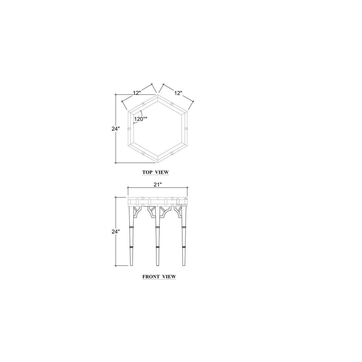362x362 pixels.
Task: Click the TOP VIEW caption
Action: click(x=155, y=172)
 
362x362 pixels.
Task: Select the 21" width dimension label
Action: click(x=158, y=185)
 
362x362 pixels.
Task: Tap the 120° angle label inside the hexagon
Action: click(x=140, y=119)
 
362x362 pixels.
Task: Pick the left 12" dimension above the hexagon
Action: click(x=137, y=93)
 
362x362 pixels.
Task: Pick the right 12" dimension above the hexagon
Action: click(x=178, y=93)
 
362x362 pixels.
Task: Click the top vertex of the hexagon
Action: click(x=158, y=95)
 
